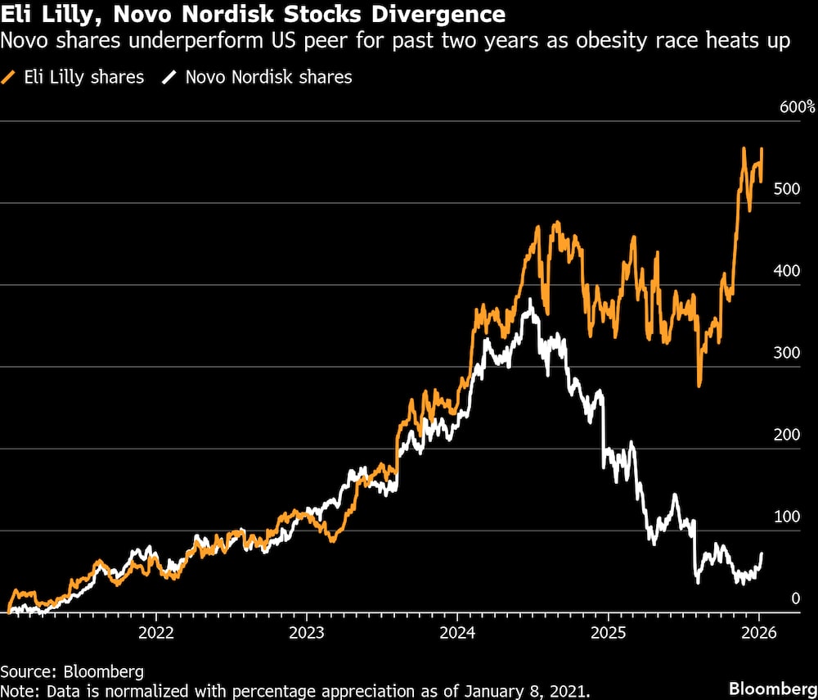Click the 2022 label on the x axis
click(x=155, y=632)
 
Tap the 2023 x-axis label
click(x=306, y=632)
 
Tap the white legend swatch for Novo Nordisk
click(x=169, y=78)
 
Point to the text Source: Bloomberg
click(x=72, y=672)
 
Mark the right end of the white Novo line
click(x=762, y=554)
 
